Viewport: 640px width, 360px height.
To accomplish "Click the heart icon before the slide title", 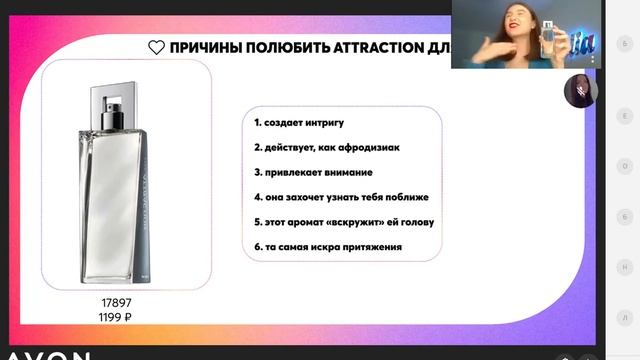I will [156, 47].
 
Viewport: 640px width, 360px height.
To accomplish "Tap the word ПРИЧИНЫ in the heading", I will [204, 47].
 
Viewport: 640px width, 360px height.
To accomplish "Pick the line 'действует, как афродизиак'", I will [326, 147].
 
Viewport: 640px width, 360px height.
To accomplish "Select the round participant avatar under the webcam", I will [580, 90].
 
